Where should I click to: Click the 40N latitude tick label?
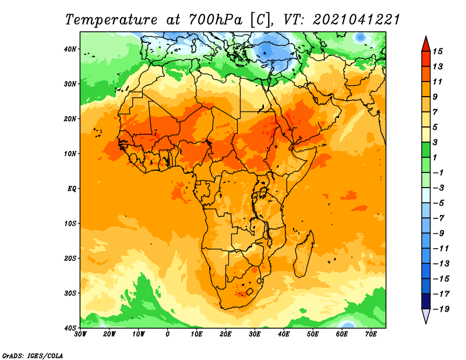(70, 49)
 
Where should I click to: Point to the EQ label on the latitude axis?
(72, 189)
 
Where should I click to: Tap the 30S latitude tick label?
(70, 294)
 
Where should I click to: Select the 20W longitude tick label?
(110, 334)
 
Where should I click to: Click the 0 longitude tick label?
(168, 334)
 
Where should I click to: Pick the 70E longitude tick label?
(370, 334)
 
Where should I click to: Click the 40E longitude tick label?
(284, 334)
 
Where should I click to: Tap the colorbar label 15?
(437, 51)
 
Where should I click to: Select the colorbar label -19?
(441, 309)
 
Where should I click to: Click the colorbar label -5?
(439, 203)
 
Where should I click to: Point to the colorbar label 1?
(435, 157)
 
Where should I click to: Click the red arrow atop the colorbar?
(426, 44)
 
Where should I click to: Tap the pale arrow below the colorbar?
(426, 316)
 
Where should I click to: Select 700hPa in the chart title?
(216, 20)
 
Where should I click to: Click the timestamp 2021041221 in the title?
(356, 20)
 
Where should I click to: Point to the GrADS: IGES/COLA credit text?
(33, 355)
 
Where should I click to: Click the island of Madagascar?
(303, 253)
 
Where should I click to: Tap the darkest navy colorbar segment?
(426, 301)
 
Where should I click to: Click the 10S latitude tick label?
(70, 224)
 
